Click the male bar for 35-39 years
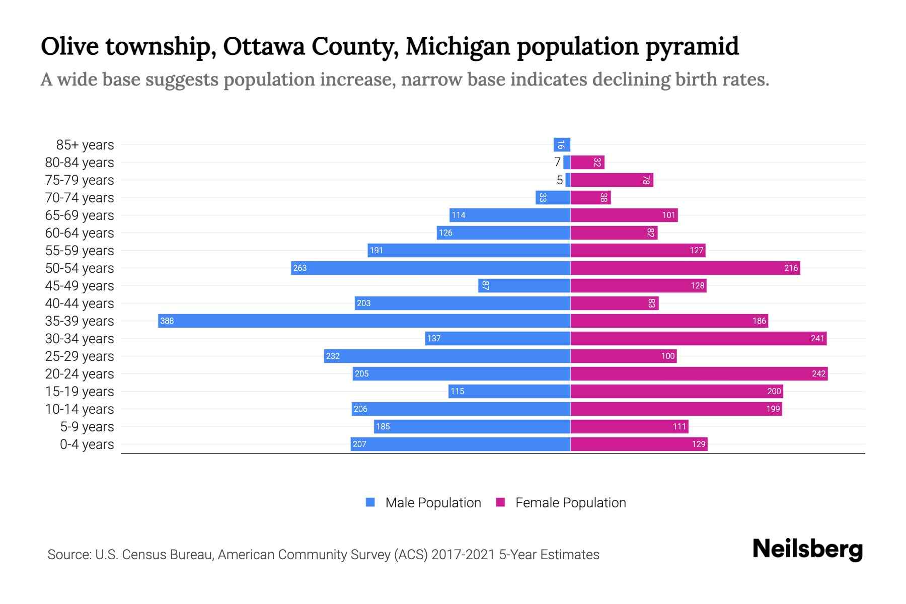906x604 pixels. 364,321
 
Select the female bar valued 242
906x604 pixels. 699,373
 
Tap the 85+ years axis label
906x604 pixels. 85,145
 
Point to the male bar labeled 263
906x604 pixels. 430,268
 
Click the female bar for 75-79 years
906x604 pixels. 612,180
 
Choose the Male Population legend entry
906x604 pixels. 423,502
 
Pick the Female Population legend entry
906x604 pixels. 561,502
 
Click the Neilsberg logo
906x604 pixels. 807,549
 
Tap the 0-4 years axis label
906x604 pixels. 87,444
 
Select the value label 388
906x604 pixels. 167,321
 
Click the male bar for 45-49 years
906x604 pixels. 524,285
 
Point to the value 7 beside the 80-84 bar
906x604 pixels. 557,162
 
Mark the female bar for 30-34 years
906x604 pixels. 698,338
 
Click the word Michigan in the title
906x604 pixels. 458,46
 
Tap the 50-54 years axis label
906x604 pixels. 80,268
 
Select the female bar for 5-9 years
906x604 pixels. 629,426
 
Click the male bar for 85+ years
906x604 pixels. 562,145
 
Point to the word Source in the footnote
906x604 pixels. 68,555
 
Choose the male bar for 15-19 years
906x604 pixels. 509,391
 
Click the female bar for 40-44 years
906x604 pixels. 614,303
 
